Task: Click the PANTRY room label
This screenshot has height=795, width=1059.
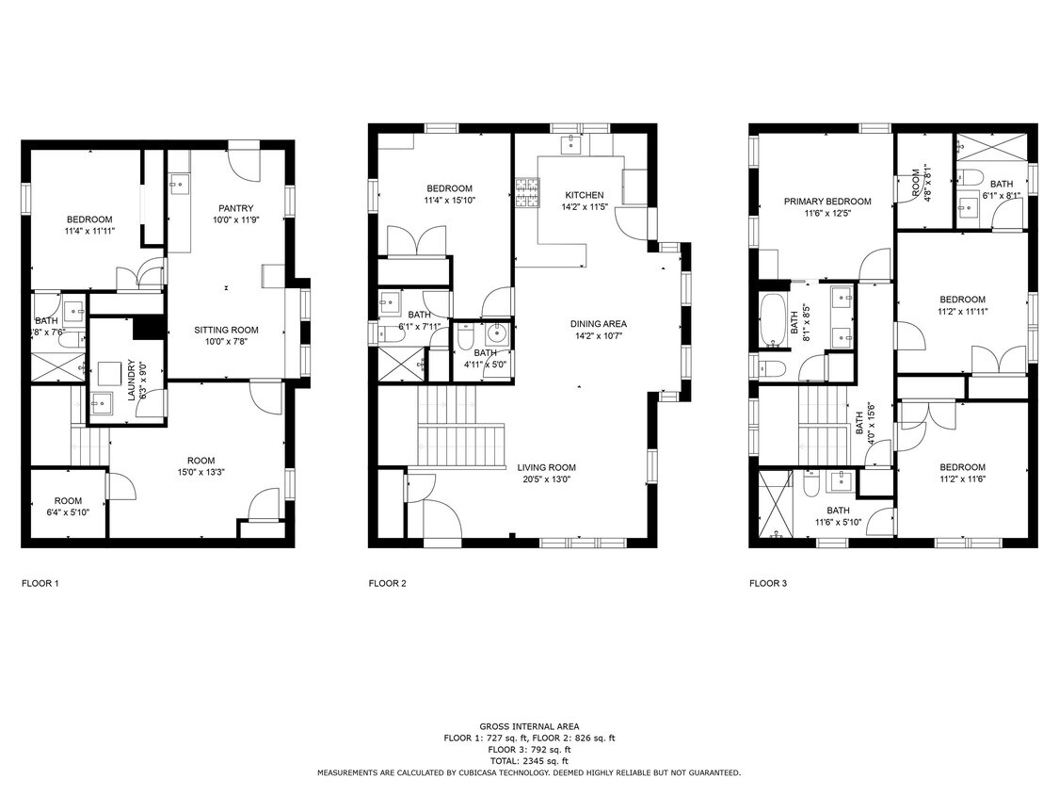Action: (235, 208)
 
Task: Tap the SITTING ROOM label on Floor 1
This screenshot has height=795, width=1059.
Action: (226, 330)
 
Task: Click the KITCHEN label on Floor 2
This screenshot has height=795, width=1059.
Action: (584, 195)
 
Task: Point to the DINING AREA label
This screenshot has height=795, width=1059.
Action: (598, 323)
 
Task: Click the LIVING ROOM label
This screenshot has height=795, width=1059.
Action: (546, 467)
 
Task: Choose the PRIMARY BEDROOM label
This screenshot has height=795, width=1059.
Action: (827, 201)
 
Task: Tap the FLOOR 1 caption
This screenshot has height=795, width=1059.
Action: (40, 583)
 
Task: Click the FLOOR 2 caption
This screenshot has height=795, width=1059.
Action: (387, 583)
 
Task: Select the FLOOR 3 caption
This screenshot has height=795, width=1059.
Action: (768, 583)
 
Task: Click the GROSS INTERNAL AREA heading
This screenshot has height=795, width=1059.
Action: (529, 726)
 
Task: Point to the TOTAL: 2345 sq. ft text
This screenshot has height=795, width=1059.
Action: (529, 760)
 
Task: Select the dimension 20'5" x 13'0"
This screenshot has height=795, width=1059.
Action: (546, 479)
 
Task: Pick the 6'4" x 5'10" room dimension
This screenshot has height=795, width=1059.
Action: (68, 511)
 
